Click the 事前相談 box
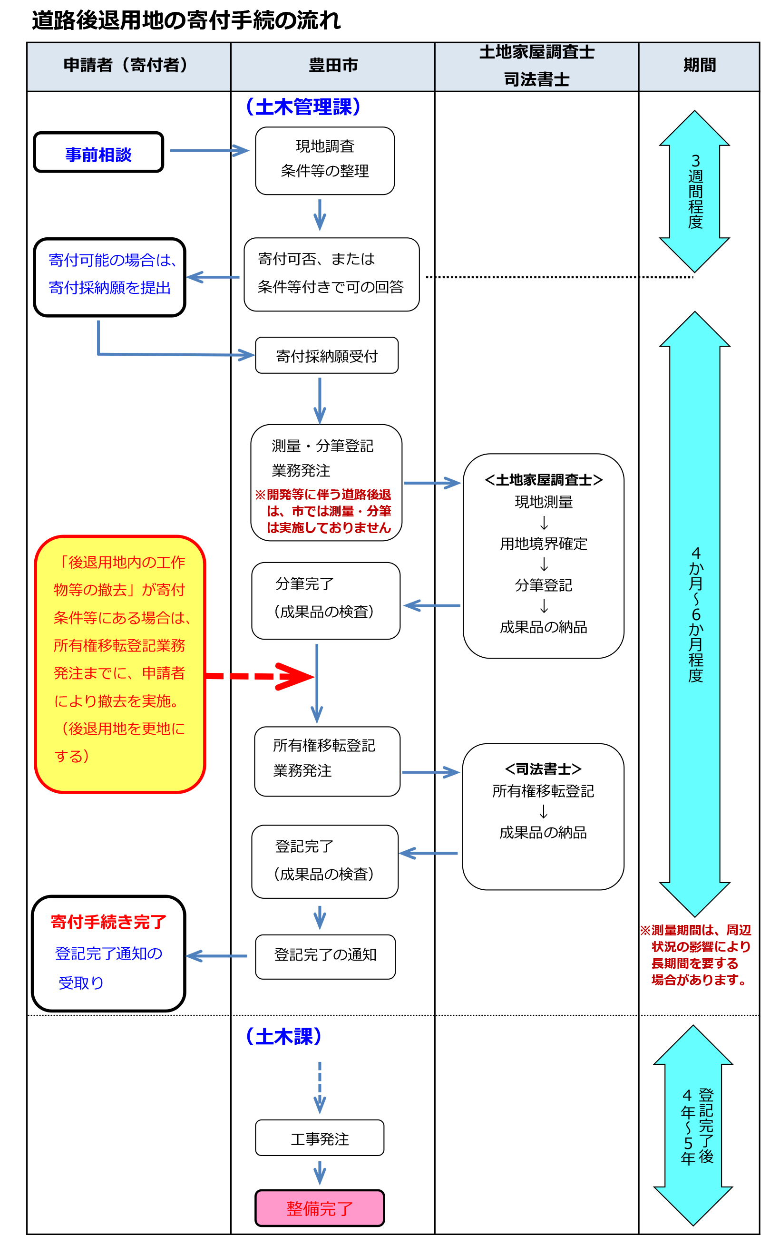pyautogui.click(x=98, y=152)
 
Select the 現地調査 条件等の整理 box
pyautogui.click(x=325, y=161)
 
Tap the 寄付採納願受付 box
pyautogui.click(x=326, y=355)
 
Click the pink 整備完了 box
pyautogui.click(x=320, y=1208)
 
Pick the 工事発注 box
pyautogui.click(x=320, y=1138)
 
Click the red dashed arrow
pyautogui.click(x=260, y=677)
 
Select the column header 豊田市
pyautogui.click(x=333, y=65)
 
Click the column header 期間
pyautogui.click(x=699, y=65)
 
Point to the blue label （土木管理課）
pyautogui.click(x=303, y=107)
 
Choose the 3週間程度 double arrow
pyautogui.click(x=695, y=192)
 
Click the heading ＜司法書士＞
pyautogui.click(x=544, y=768)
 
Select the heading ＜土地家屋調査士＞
pyautogui.click(x=544, y=479)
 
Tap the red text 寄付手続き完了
pyautogui.click(x=108, y=922)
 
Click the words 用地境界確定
pyautogui.click(x=544, y=544)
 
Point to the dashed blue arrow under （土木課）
pyautogui.click(x=320, y=1088)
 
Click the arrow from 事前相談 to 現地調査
pyautogui.click(x=209, y=151)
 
